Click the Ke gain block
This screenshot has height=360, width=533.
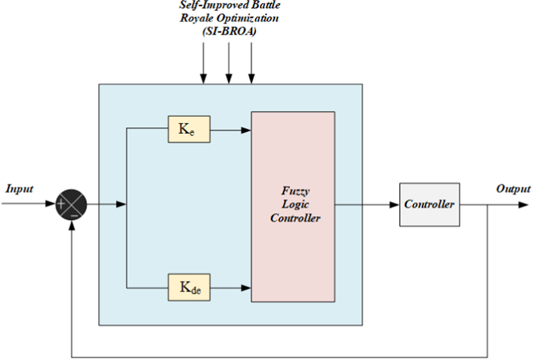click(189, 129)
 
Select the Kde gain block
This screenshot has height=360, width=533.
click(189, 287)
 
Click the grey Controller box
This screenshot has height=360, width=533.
click(429, 205)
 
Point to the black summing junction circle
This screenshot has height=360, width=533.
click(71, 205)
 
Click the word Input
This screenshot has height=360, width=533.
click(19, 189)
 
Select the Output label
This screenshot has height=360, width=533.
click(513, 189)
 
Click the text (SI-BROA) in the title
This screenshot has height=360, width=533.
click(229, 31)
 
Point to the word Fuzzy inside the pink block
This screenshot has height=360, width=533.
click(295, 191)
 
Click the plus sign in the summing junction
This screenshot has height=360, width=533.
click(62, 204)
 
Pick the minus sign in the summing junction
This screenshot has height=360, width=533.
click(74, 215)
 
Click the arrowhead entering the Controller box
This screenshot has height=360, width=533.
click(395, 205)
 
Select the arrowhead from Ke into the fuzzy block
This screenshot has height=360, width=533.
click(246, 130)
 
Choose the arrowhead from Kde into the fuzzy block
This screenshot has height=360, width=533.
click(246, 288)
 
